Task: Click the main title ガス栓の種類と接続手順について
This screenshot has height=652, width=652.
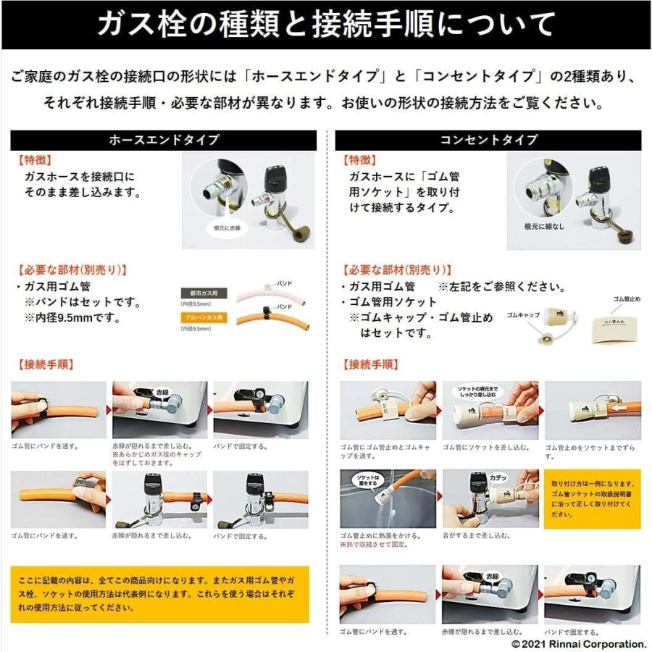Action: [326, 25]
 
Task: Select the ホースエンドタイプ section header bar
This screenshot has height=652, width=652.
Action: [164, 140]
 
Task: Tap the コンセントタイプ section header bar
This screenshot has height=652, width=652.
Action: [488, 140]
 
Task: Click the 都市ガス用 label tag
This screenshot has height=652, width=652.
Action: [203, 293]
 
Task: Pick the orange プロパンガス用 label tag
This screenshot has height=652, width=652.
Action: [203, 317]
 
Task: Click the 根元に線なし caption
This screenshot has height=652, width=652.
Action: [545, 227]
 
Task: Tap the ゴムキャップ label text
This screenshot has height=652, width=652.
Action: [523, 315]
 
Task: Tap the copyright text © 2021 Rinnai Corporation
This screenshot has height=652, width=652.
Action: [578, 643]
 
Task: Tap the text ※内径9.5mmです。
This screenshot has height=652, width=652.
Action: [72, 317]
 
